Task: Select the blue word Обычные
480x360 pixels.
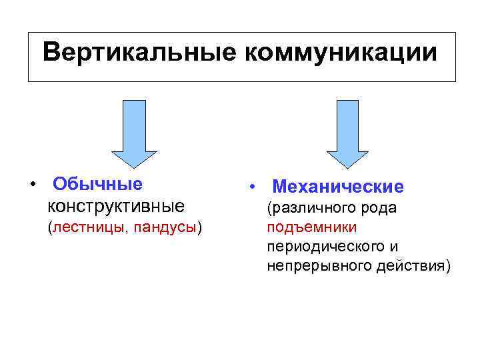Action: [97, 183]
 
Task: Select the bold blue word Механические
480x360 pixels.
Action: [338, 187]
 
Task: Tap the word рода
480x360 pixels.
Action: [382, 209]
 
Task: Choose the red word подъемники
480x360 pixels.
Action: [311, 227]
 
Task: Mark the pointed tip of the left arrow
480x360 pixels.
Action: [134, 165]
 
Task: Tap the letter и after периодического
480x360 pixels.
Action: [395, 247]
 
